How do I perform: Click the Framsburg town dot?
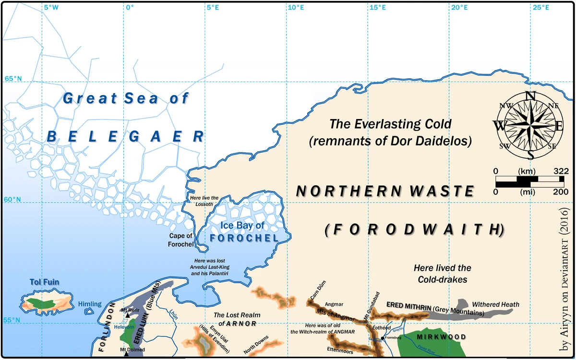click(382, 338)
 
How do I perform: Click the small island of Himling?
click(89, 312)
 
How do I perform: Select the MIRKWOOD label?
click(441, 337)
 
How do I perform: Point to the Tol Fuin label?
click(44, 282)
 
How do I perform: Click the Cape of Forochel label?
click(180, 240)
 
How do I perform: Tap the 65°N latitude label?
click(13, 78)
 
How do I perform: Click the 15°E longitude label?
click(377, 8)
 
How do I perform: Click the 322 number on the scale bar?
click(561, 171)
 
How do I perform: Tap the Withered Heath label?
click(495, 304)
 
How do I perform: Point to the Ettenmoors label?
click(340, 352)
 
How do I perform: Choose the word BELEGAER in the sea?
click(126, 136)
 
